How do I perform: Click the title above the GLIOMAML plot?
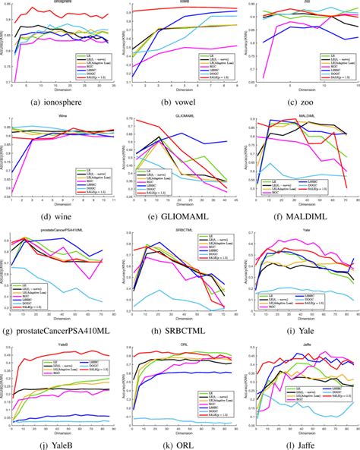pos(182,116)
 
